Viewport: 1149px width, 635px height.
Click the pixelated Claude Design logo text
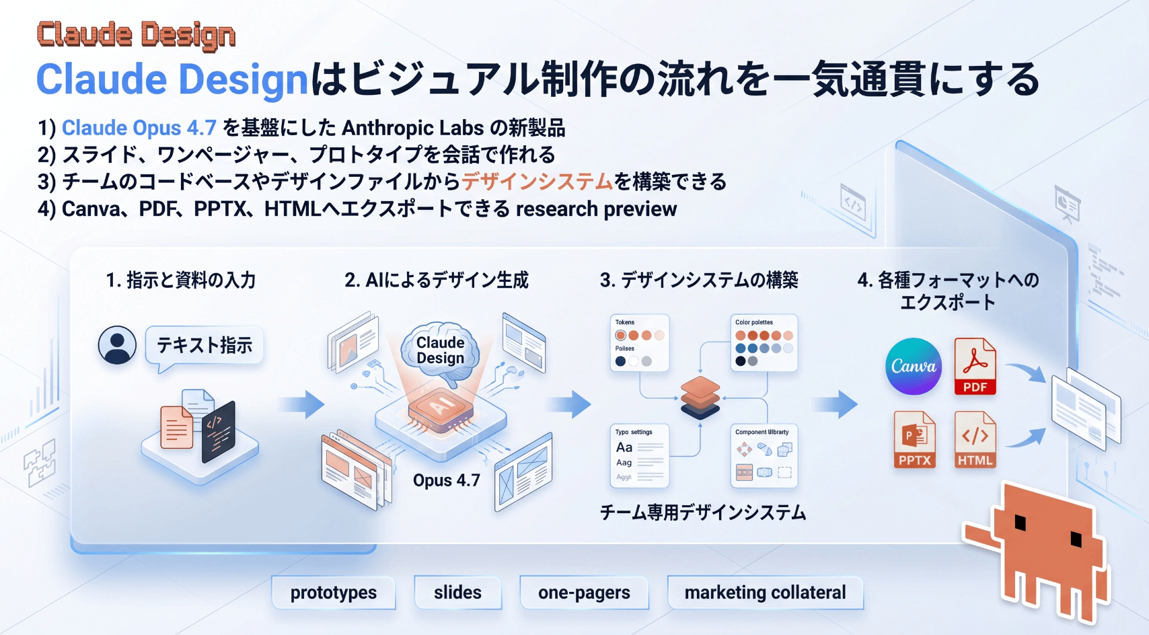tap(136, 35)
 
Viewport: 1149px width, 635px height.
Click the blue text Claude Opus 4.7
tap(139, 128)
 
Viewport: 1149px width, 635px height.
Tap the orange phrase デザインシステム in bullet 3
tap(537, 182)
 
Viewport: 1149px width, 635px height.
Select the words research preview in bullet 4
tap(596, 209)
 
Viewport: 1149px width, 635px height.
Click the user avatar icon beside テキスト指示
tap(117, 345)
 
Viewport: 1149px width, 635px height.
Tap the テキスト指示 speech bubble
tap(205, 346)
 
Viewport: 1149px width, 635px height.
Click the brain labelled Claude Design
tap(440, 350)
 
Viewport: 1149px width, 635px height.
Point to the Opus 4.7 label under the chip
tap(446, 480)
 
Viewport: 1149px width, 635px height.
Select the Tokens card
tap(639, 342)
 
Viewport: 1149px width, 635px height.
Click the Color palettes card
tap(764, 342)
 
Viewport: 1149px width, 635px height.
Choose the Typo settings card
tap(639, 455)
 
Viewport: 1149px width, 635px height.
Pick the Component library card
tap(764, 455)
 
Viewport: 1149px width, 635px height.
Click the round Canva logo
tap(913, 366)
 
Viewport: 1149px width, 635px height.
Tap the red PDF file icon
tap(975, 366)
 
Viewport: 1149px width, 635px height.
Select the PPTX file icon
tap(914, 439)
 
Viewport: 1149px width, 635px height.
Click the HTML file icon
tap(975, 439)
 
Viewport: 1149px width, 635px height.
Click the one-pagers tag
tap(584, 593)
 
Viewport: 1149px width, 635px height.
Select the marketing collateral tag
tap(765, 593)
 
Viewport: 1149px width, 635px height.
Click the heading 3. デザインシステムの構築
tap(699, 280)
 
